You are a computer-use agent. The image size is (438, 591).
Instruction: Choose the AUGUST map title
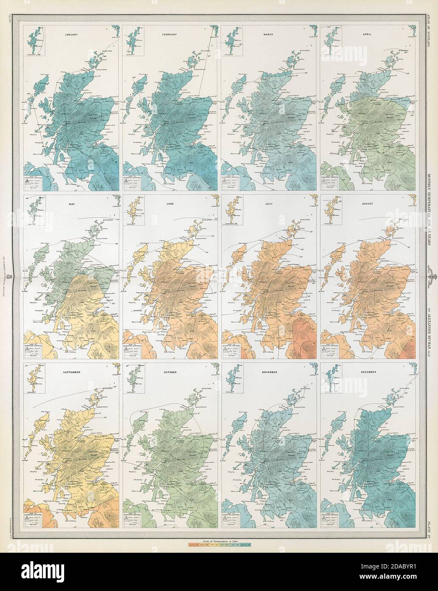pos(368,204)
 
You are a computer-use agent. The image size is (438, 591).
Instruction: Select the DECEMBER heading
pos(368,372)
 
